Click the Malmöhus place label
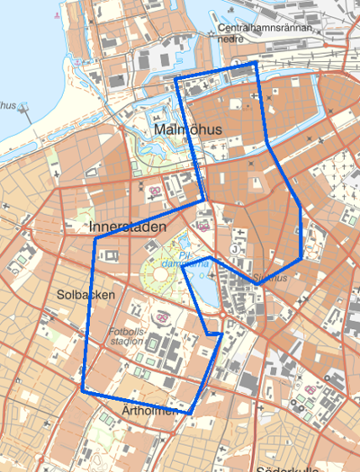[x=188, y=130]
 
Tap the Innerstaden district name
[x=129, y=227]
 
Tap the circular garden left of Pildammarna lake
[x=162, y=276]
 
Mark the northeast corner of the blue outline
[x=256, y=64]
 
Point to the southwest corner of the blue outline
[x=84, y=391]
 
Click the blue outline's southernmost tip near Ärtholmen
[x=191, y=413]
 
